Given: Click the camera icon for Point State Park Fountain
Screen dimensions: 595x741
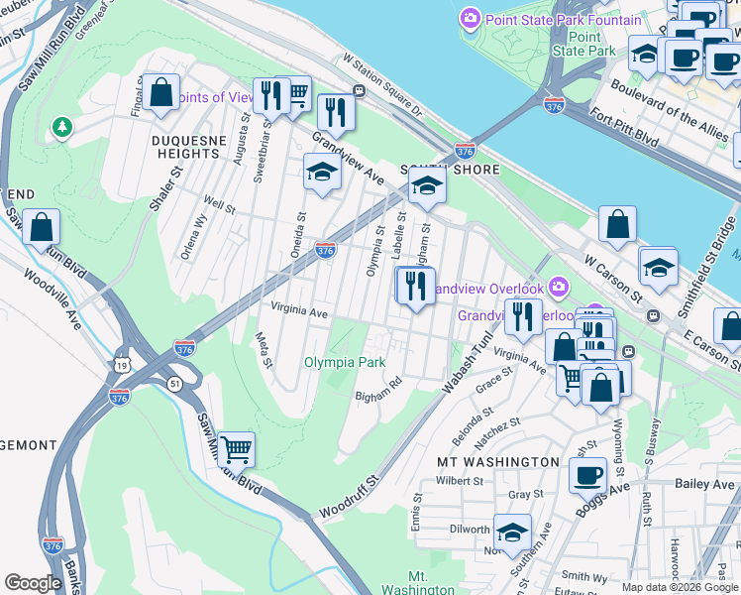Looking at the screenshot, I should (x=470, y=19).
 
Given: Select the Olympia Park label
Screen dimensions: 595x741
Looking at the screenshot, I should (x=344, y=362).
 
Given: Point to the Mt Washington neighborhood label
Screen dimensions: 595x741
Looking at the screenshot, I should (x=498, y=462).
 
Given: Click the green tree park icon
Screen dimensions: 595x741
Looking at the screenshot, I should (x=62, y=127).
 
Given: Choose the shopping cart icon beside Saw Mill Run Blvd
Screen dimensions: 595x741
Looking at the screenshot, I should (x=236, y=450).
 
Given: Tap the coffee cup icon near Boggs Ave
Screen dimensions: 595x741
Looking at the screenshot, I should (x=587, y=474).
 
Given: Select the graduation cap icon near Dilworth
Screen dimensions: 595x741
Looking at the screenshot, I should (x=512, y=533).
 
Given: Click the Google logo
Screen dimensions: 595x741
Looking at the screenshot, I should (x=33, y=583).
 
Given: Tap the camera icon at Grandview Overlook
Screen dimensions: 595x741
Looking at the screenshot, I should (x=560, y=287).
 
